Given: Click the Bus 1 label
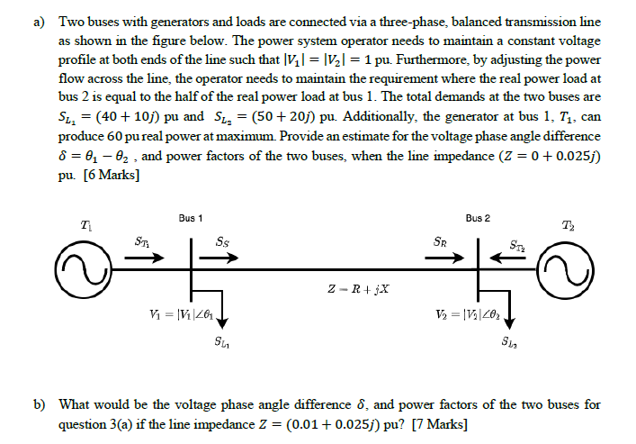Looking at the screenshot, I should [x=190, y=219].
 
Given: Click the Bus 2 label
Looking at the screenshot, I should [x=478, y=219].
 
